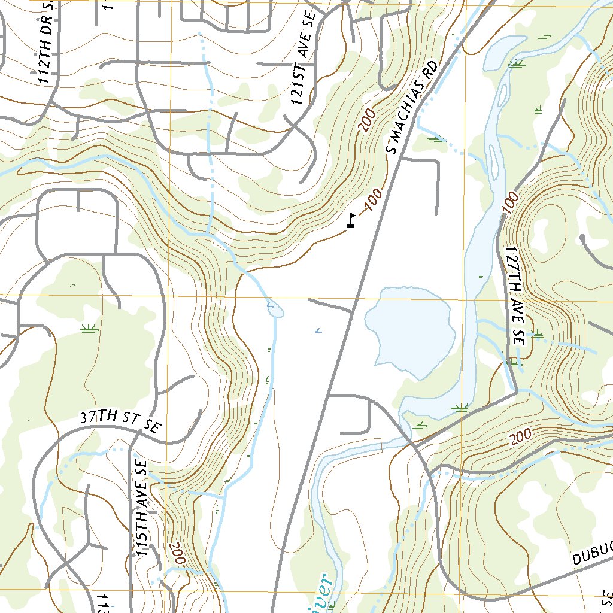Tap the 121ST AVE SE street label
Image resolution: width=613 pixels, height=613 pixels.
pyautogui.click(x=304, y=76)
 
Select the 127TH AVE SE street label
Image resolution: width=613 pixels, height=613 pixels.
pyautogui.click(x=514, y=295)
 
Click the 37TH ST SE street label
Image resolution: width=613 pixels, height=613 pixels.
pyautogui.click(x=120, y=421)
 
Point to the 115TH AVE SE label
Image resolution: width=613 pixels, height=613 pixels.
pyautogui.click(x=141, y=508)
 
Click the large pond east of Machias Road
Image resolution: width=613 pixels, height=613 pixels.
pyautogui.click(x=407, y=329)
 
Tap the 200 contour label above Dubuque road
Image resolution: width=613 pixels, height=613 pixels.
pyautogui.click(x=521, y=439)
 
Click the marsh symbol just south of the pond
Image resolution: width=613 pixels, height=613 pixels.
pyautogui.click(x=460, y=408)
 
